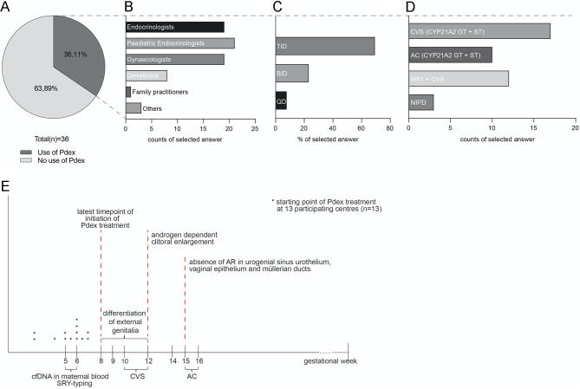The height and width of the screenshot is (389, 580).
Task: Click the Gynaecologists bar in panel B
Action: tap(175, 59)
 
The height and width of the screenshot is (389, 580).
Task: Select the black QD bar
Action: tap(280, 100)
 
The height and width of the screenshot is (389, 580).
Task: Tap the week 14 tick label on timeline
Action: tap(173, 360)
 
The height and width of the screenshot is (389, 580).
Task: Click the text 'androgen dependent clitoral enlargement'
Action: tap(184, 239)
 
